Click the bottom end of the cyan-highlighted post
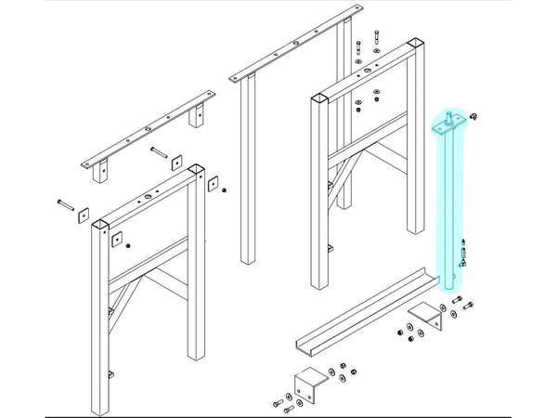449,288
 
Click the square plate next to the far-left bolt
84,214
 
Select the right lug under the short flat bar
196,118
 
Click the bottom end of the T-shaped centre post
247,261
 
